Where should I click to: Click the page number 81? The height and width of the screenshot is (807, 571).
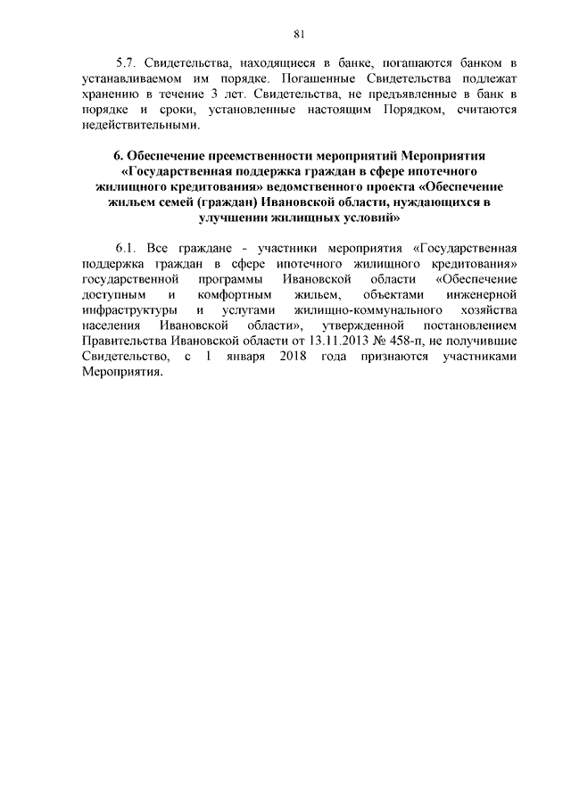click(x=299, y=35)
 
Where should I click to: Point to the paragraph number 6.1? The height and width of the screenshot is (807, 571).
click(x=128, y=249)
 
